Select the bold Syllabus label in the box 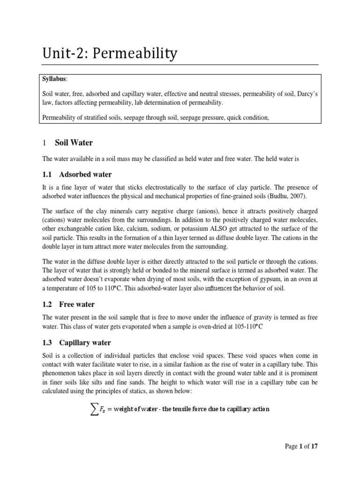click(54, 79)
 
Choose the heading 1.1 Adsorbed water click(77, 174)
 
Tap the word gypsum click(254, 280)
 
